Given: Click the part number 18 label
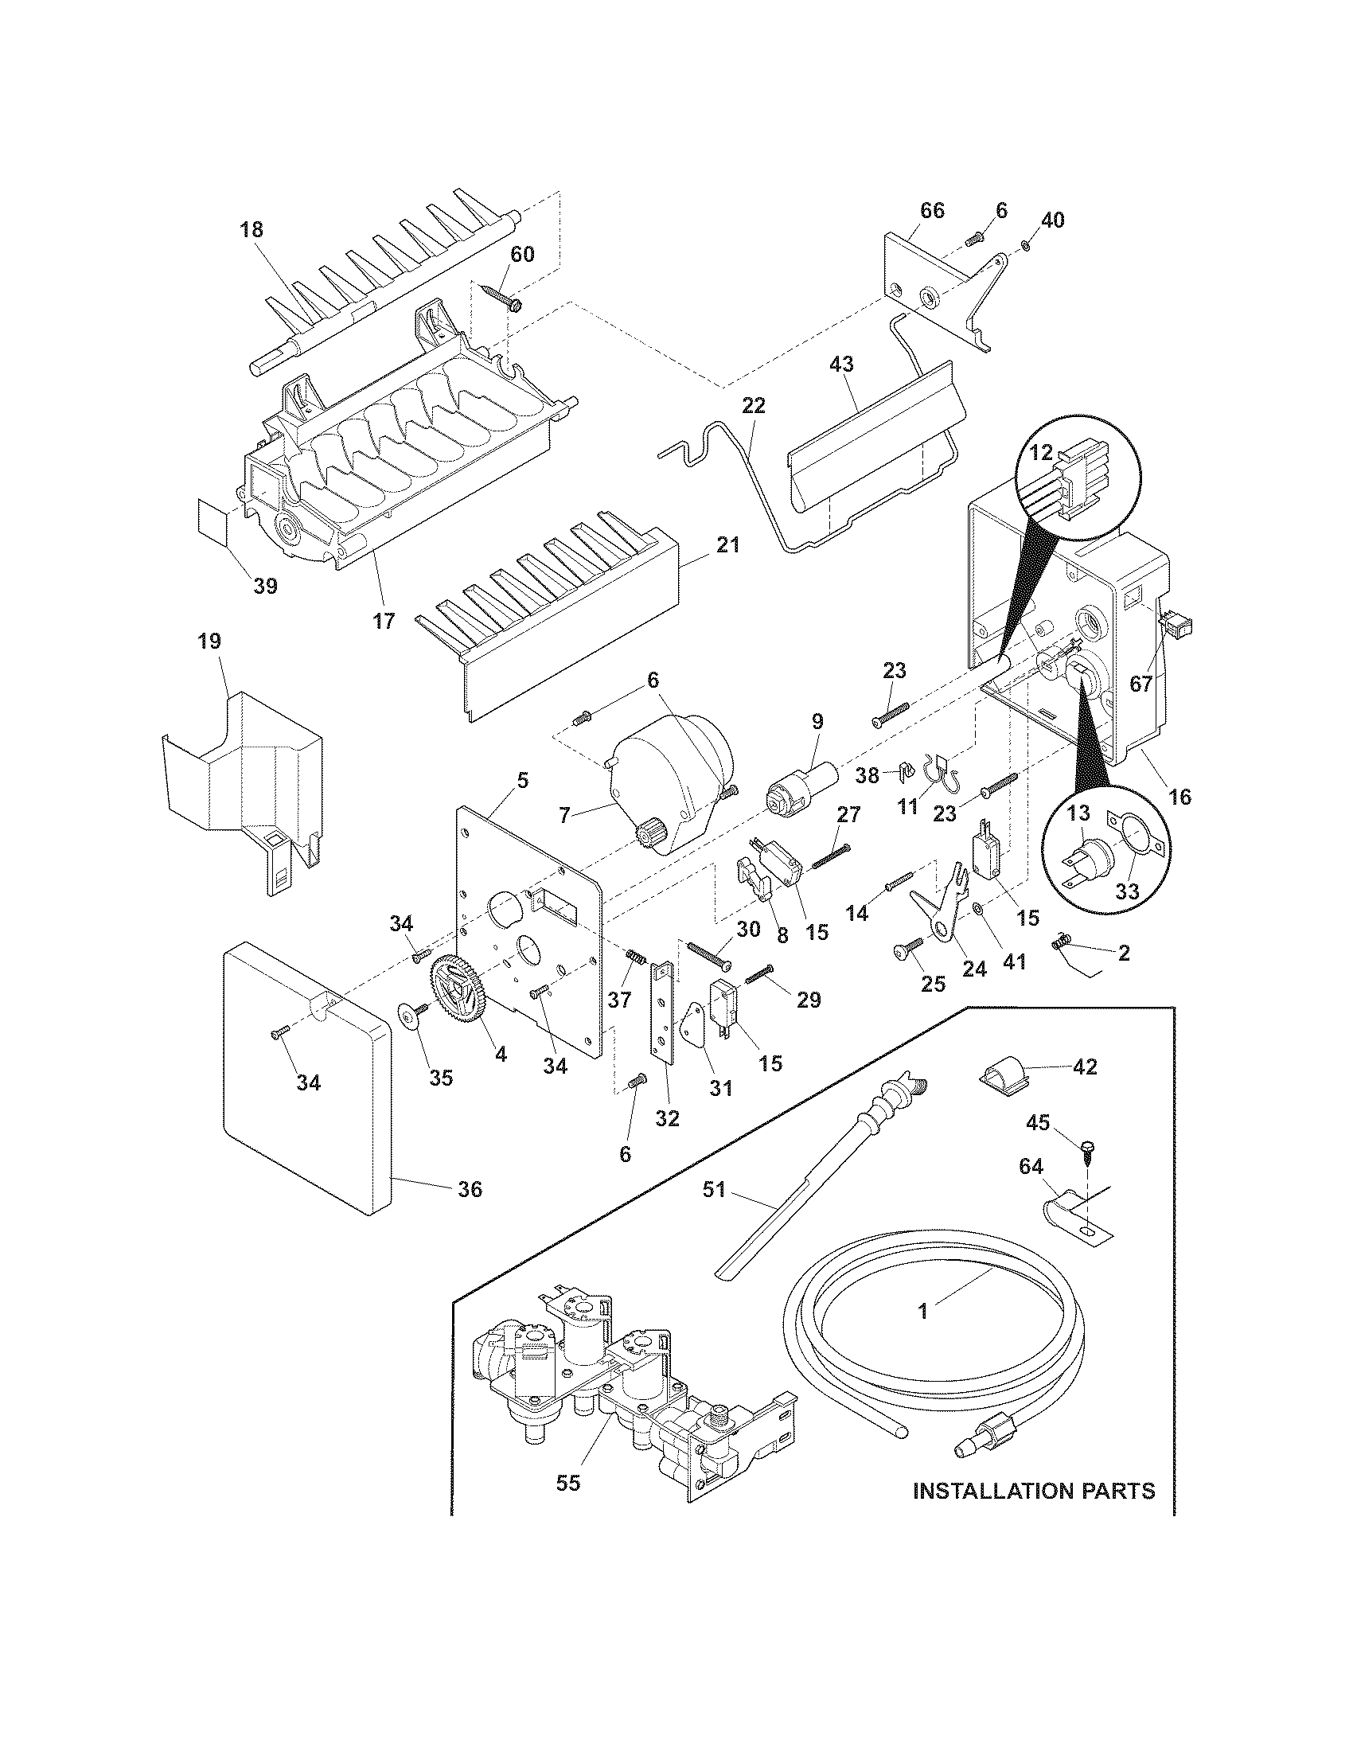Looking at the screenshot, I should click(251, 230).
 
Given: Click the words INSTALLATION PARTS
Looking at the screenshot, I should click(1034, 1491).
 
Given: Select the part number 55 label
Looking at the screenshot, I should click(567, 1483).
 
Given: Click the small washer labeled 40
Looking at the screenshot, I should click(1028, 244).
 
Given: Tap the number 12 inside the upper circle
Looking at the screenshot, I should click(1040, 452).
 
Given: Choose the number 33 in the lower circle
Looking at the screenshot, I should click(1127, 892).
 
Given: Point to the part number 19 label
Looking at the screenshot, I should click(210, 642).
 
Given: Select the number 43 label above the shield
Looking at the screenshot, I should click(841, 364).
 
